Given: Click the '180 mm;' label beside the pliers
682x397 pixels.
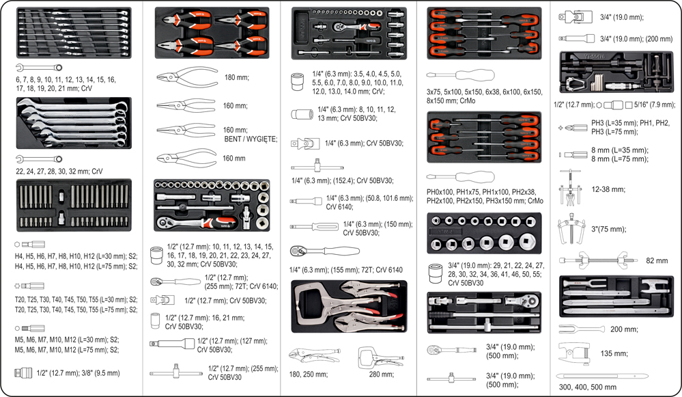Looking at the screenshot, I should (237, 78).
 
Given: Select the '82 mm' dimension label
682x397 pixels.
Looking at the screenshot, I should (657, 261).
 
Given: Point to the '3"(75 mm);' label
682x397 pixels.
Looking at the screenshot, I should (608, 230).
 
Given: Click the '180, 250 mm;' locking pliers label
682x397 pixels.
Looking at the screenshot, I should (309, 374).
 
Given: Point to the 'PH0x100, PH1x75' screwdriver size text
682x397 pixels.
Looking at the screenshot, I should (484, 197).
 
